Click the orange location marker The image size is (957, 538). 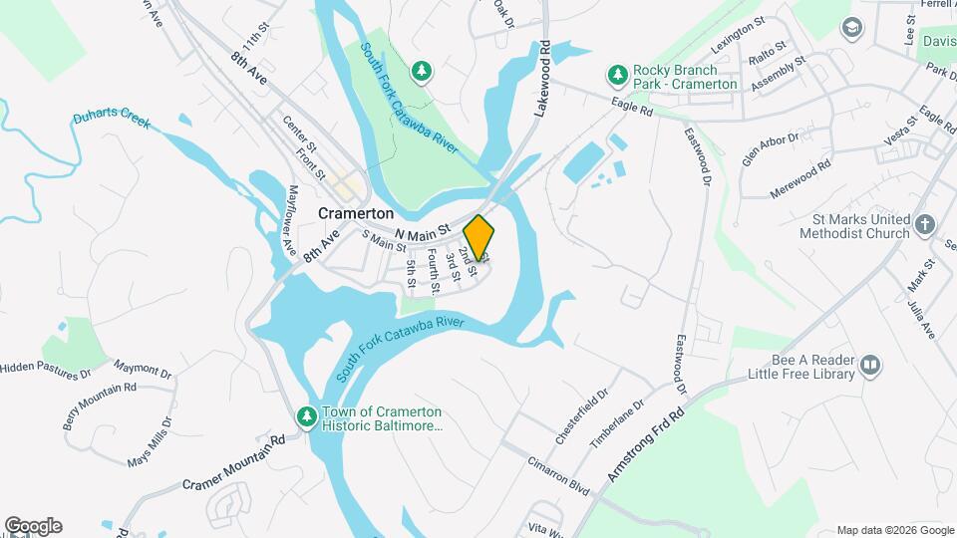point(479,237)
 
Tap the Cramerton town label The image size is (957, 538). point(356,213)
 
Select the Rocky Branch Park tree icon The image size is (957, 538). point(617,76)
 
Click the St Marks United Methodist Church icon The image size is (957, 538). point(924,225)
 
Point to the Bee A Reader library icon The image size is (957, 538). point(870,366)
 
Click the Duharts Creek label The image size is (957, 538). point(111,121)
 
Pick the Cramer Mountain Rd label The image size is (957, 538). point(234,468)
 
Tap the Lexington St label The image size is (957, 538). point(738,35)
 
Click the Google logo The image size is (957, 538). point(33,526)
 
